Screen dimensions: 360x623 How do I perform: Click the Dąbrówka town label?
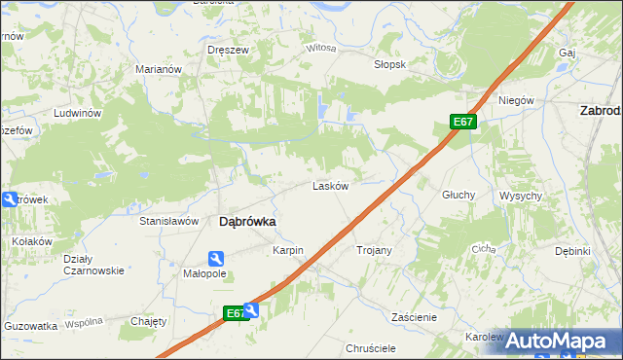[x=246, y=222]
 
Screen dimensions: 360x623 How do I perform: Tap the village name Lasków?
[x=330, y=186]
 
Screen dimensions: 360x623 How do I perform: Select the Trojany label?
[x=374, y=251]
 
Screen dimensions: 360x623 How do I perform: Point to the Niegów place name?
[x=517, y=101]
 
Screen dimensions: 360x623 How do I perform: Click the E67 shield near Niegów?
[x=463, y=122]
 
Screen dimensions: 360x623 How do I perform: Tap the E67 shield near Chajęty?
[x=234, y=313]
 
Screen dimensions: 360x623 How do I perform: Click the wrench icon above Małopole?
[x=216, y=258]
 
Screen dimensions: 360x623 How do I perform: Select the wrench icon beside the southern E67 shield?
[x=253, y=311]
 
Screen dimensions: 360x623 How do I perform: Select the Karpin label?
[x=288, y=251]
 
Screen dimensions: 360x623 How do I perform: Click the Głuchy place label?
[x=458, y=195]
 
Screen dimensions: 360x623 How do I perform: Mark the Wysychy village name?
[x=521, y=196]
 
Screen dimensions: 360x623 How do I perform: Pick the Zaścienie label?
[x=414, y=317]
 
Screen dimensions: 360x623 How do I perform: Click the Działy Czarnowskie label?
[x=93, y=265]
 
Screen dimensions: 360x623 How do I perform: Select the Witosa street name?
[x=320, y=48]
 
